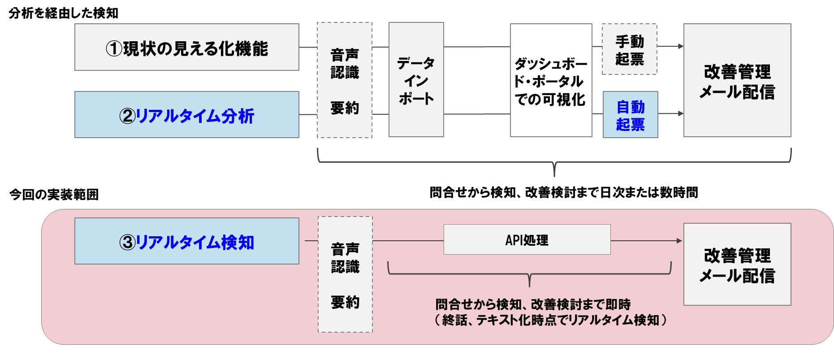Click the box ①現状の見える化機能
point(186,47)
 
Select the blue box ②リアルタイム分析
point(186,115)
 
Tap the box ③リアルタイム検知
point(186,241)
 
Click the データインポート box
point(416,80)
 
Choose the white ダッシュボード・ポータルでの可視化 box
point(551,80)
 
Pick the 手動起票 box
point(629,49)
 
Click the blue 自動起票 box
point(630,115)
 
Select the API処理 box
point(527,240)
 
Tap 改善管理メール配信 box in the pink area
point(737,265)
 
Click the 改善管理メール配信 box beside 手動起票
point(737,80)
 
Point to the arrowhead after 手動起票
point(680,46)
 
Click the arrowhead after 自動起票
point(680,114)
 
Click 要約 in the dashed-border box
point(345,302)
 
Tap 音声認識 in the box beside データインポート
point(345,64)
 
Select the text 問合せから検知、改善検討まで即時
point(533,304)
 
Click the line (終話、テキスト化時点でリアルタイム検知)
point(550,320)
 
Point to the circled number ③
point(127,243)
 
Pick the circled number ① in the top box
point(113,48)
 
